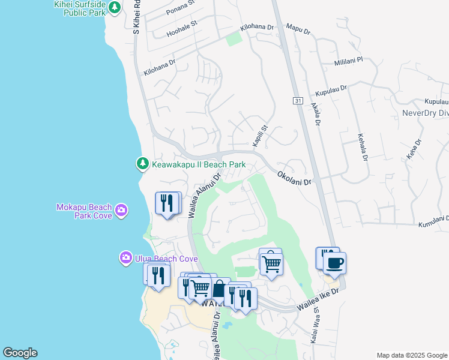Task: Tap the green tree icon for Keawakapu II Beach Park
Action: (142, 163)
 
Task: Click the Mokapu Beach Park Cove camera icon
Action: (121, 209)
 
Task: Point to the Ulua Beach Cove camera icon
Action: (125, 258)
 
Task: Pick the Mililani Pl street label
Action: (349, 61)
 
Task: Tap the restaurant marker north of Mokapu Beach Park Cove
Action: (168, 202)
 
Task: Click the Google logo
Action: (20, 353)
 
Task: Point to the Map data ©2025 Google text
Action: (412, 355)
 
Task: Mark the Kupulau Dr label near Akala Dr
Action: (331, 91)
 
